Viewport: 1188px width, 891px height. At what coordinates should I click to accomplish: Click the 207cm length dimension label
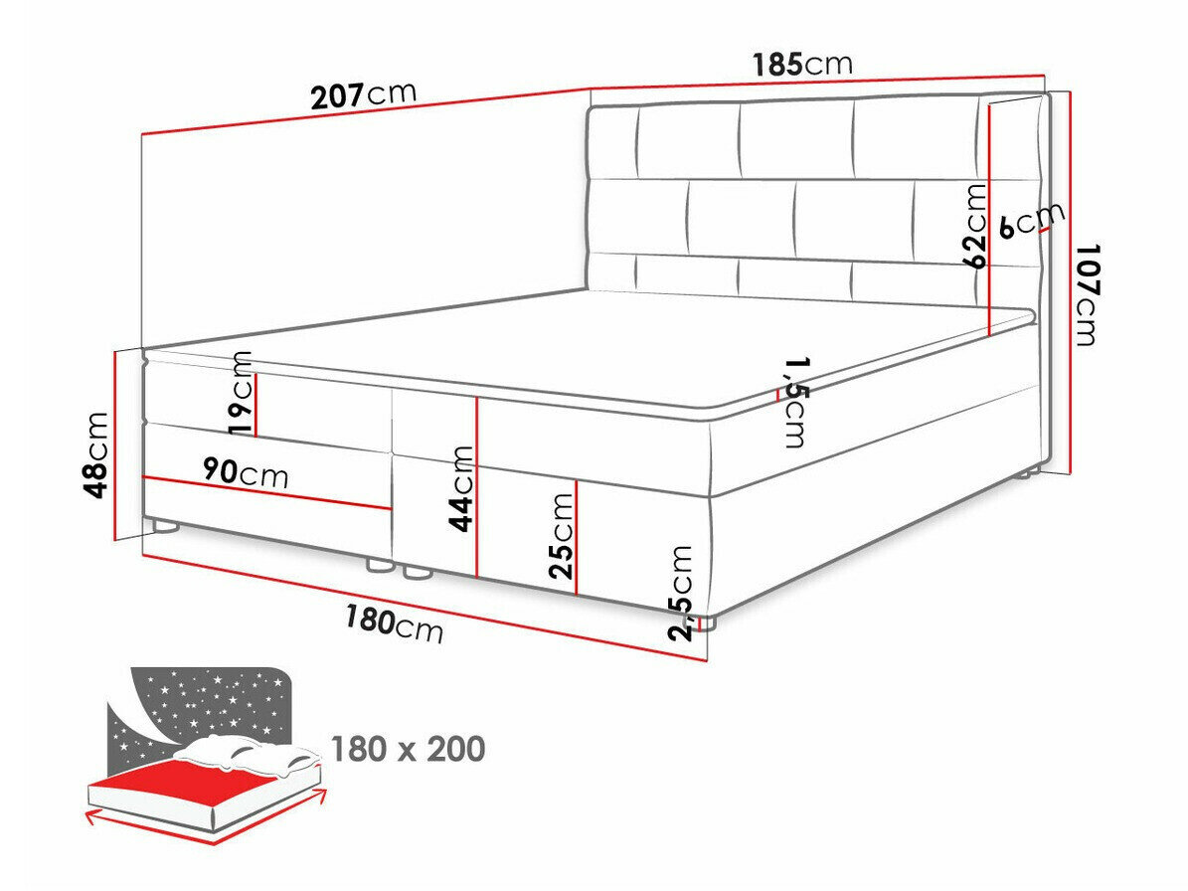(364, 94)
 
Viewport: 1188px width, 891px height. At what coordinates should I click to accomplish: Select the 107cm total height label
(1087, 294)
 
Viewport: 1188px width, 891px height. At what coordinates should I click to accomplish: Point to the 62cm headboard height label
(976, 226)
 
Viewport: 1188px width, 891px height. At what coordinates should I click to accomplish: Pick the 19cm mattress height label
(241, 393)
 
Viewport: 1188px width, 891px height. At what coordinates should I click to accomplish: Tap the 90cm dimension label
(247, 473)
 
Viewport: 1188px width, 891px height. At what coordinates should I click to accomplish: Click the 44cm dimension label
(460, 488)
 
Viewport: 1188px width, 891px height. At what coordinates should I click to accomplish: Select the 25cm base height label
(562, 536)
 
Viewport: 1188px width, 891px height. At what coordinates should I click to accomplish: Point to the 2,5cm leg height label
(680, 594)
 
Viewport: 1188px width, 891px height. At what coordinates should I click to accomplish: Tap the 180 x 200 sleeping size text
(409, 749)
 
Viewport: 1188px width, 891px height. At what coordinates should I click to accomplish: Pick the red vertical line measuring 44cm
(476, 486)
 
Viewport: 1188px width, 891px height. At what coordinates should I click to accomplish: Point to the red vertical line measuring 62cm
(991, 218)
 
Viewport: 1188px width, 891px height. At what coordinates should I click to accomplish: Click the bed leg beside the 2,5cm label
(707, 623)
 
